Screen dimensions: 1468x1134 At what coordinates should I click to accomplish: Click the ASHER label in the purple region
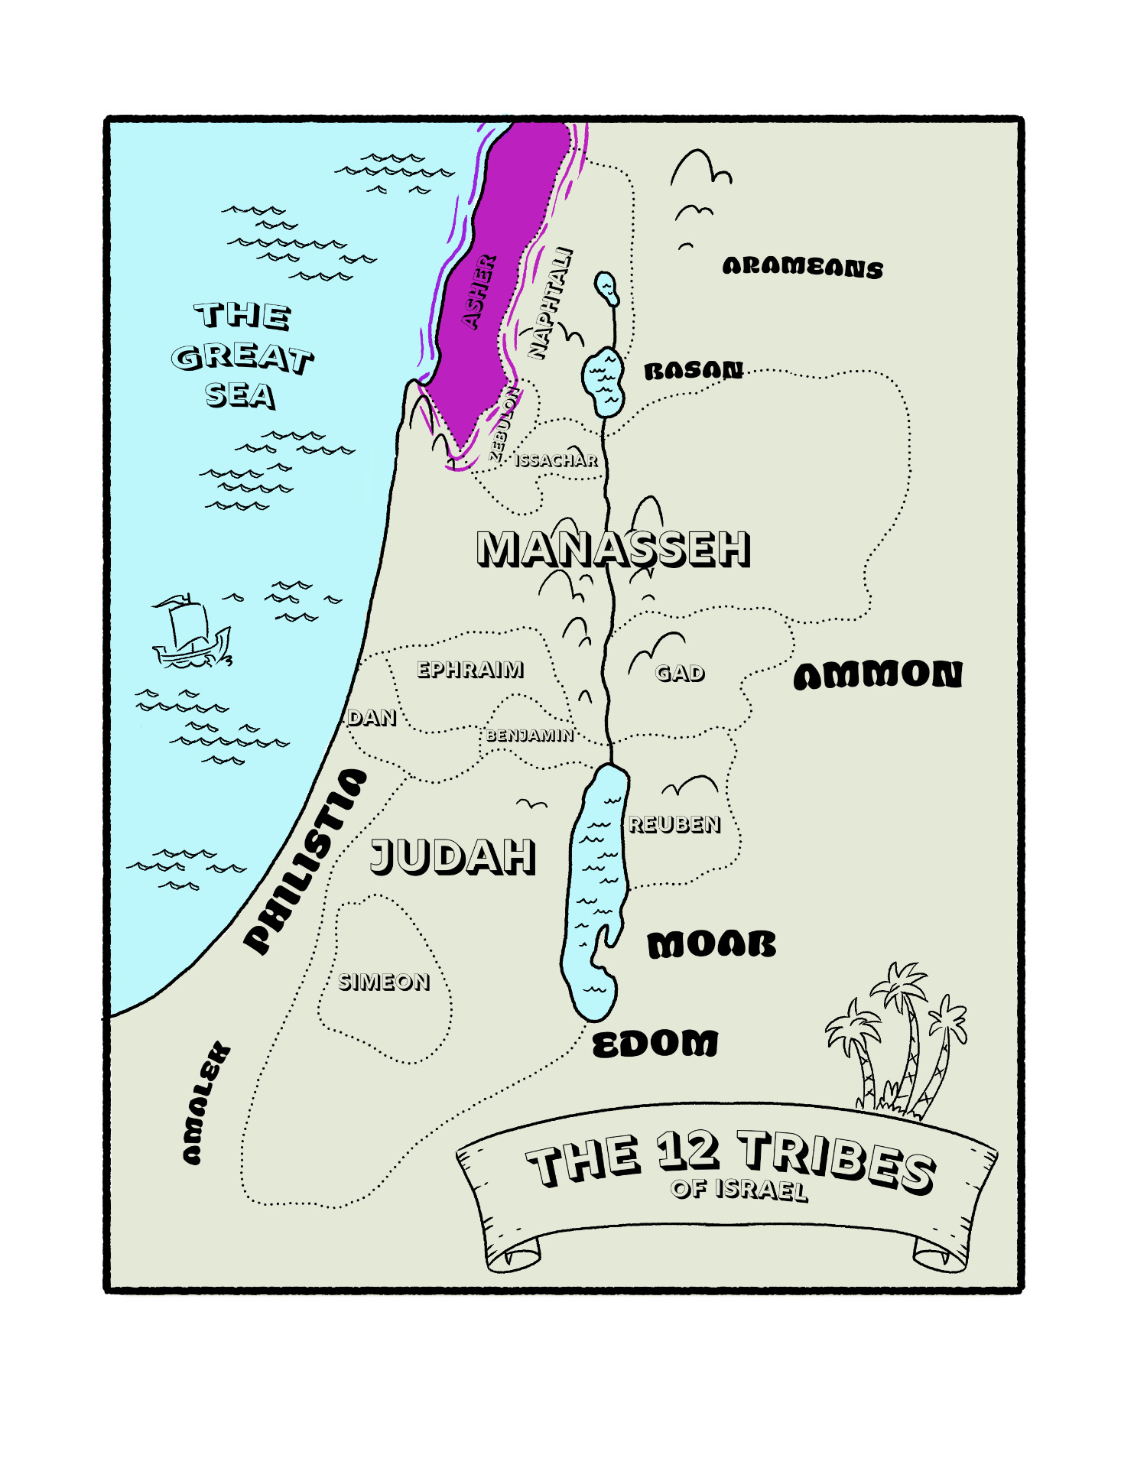point(479,292)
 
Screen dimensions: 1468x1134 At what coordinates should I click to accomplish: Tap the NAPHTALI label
point(551,303)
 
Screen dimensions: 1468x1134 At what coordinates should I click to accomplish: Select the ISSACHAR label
point(556,460)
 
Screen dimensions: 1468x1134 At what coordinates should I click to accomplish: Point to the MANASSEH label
point(613,548)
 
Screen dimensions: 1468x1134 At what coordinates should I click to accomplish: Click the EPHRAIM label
point(470,670)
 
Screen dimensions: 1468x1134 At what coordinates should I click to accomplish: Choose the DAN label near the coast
point(372,717)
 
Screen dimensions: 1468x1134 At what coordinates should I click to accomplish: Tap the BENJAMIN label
point(530,736)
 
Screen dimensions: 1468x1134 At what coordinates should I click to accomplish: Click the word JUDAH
point(453,856)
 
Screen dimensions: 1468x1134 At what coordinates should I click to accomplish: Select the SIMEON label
point(384,982)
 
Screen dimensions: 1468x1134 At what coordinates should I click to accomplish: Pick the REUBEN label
point(674,824)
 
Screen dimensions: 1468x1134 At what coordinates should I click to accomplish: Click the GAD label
point(680,673)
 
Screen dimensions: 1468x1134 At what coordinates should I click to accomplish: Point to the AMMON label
point(878,675)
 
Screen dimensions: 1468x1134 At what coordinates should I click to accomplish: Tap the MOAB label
point(711,945)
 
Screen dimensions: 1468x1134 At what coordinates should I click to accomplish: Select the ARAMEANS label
point(802,267)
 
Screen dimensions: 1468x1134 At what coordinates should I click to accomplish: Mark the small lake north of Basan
point(606,287)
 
